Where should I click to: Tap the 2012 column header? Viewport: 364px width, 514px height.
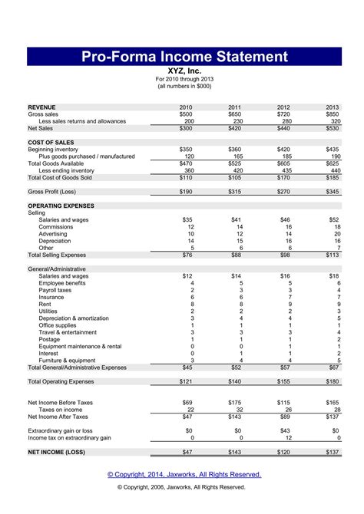284,107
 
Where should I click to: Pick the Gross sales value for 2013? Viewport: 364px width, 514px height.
332,114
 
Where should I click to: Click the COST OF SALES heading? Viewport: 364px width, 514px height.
51,142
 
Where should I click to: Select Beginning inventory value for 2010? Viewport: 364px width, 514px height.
186,149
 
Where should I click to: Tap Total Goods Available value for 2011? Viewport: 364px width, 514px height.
234,163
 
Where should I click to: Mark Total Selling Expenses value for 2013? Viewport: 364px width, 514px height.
333,255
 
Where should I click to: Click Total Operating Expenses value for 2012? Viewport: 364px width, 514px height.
283,381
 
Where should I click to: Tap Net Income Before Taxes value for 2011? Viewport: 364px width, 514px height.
234,403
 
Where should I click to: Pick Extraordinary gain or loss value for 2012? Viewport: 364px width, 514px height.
284,431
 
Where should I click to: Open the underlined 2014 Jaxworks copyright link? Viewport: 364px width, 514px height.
184,474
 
